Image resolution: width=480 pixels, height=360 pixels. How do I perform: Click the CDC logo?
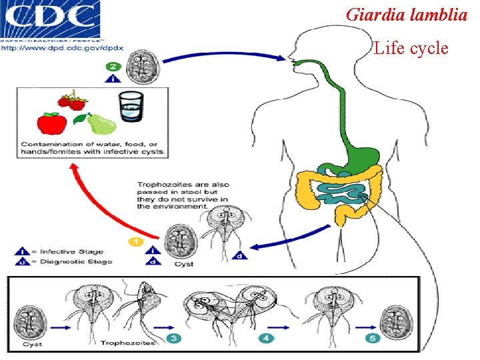[51, 19]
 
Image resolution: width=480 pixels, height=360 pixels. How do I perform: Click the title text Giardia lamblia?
[407, 15]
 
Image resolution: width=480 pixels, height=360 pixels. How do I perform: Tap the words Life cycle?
[411, 48]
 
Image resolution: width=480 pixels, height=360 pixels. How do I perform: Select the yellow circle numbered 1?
[135, 241]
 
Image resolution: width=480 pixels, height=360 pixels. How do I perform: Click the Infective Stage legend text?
[71, 252]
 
